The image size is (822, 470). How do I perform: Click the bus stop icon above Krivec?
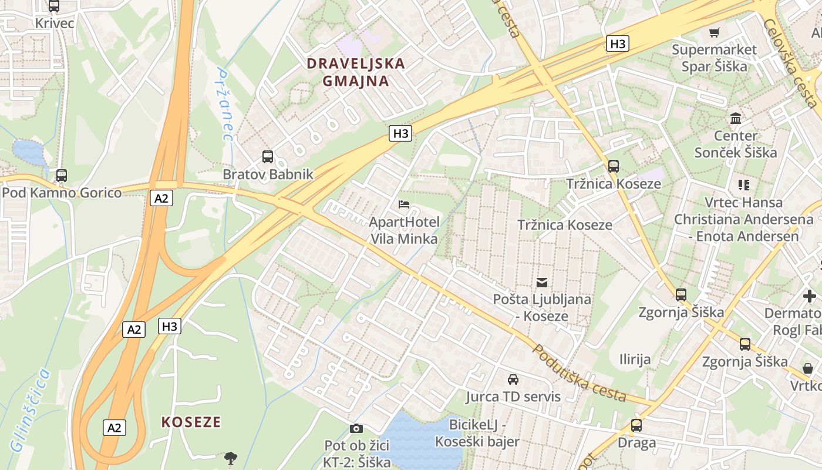click(x=54, y=6)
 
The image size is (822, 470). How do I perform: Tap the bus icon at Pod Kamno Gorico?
click(x=61, y=175)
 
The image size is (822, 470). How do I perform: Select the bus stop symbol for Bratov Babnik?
click(x=268, y=157)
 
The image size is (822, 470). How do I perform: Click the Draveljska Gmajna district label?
click(x=356, y=72)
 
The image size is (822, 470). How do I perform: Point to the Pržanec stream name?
click(x=224, y=105)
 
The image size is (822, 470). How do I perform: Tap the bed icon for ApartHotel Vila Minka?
click(x=404, y=204)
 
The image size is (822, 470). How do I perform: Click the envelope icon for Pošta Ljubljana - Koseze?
click(x=541, y=283)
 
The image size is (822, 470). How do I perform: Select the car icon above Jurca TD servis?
click(x=513, y=380)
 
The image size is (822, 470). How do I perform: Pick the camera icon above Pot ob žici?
click(x=356, y=429)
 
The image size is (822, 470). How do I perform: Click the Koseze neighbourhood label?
click(x=191, y=422)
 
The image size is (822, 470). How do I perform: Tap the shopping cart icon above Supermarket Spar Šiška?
click(x=715, y=33)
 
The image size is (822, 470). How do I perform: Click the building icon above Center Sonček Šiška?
click(x=735, y=119)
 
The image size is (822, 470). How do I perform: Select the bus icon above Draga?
click(x=636, y=425)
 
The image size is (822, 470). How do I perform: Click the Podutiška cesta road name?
click(x=579, y=374)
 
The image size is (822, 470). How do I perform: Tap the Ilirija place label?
click(x=635, y=359)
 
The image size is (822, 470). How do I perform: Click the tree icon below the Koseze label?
click(x=231, y=458)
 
